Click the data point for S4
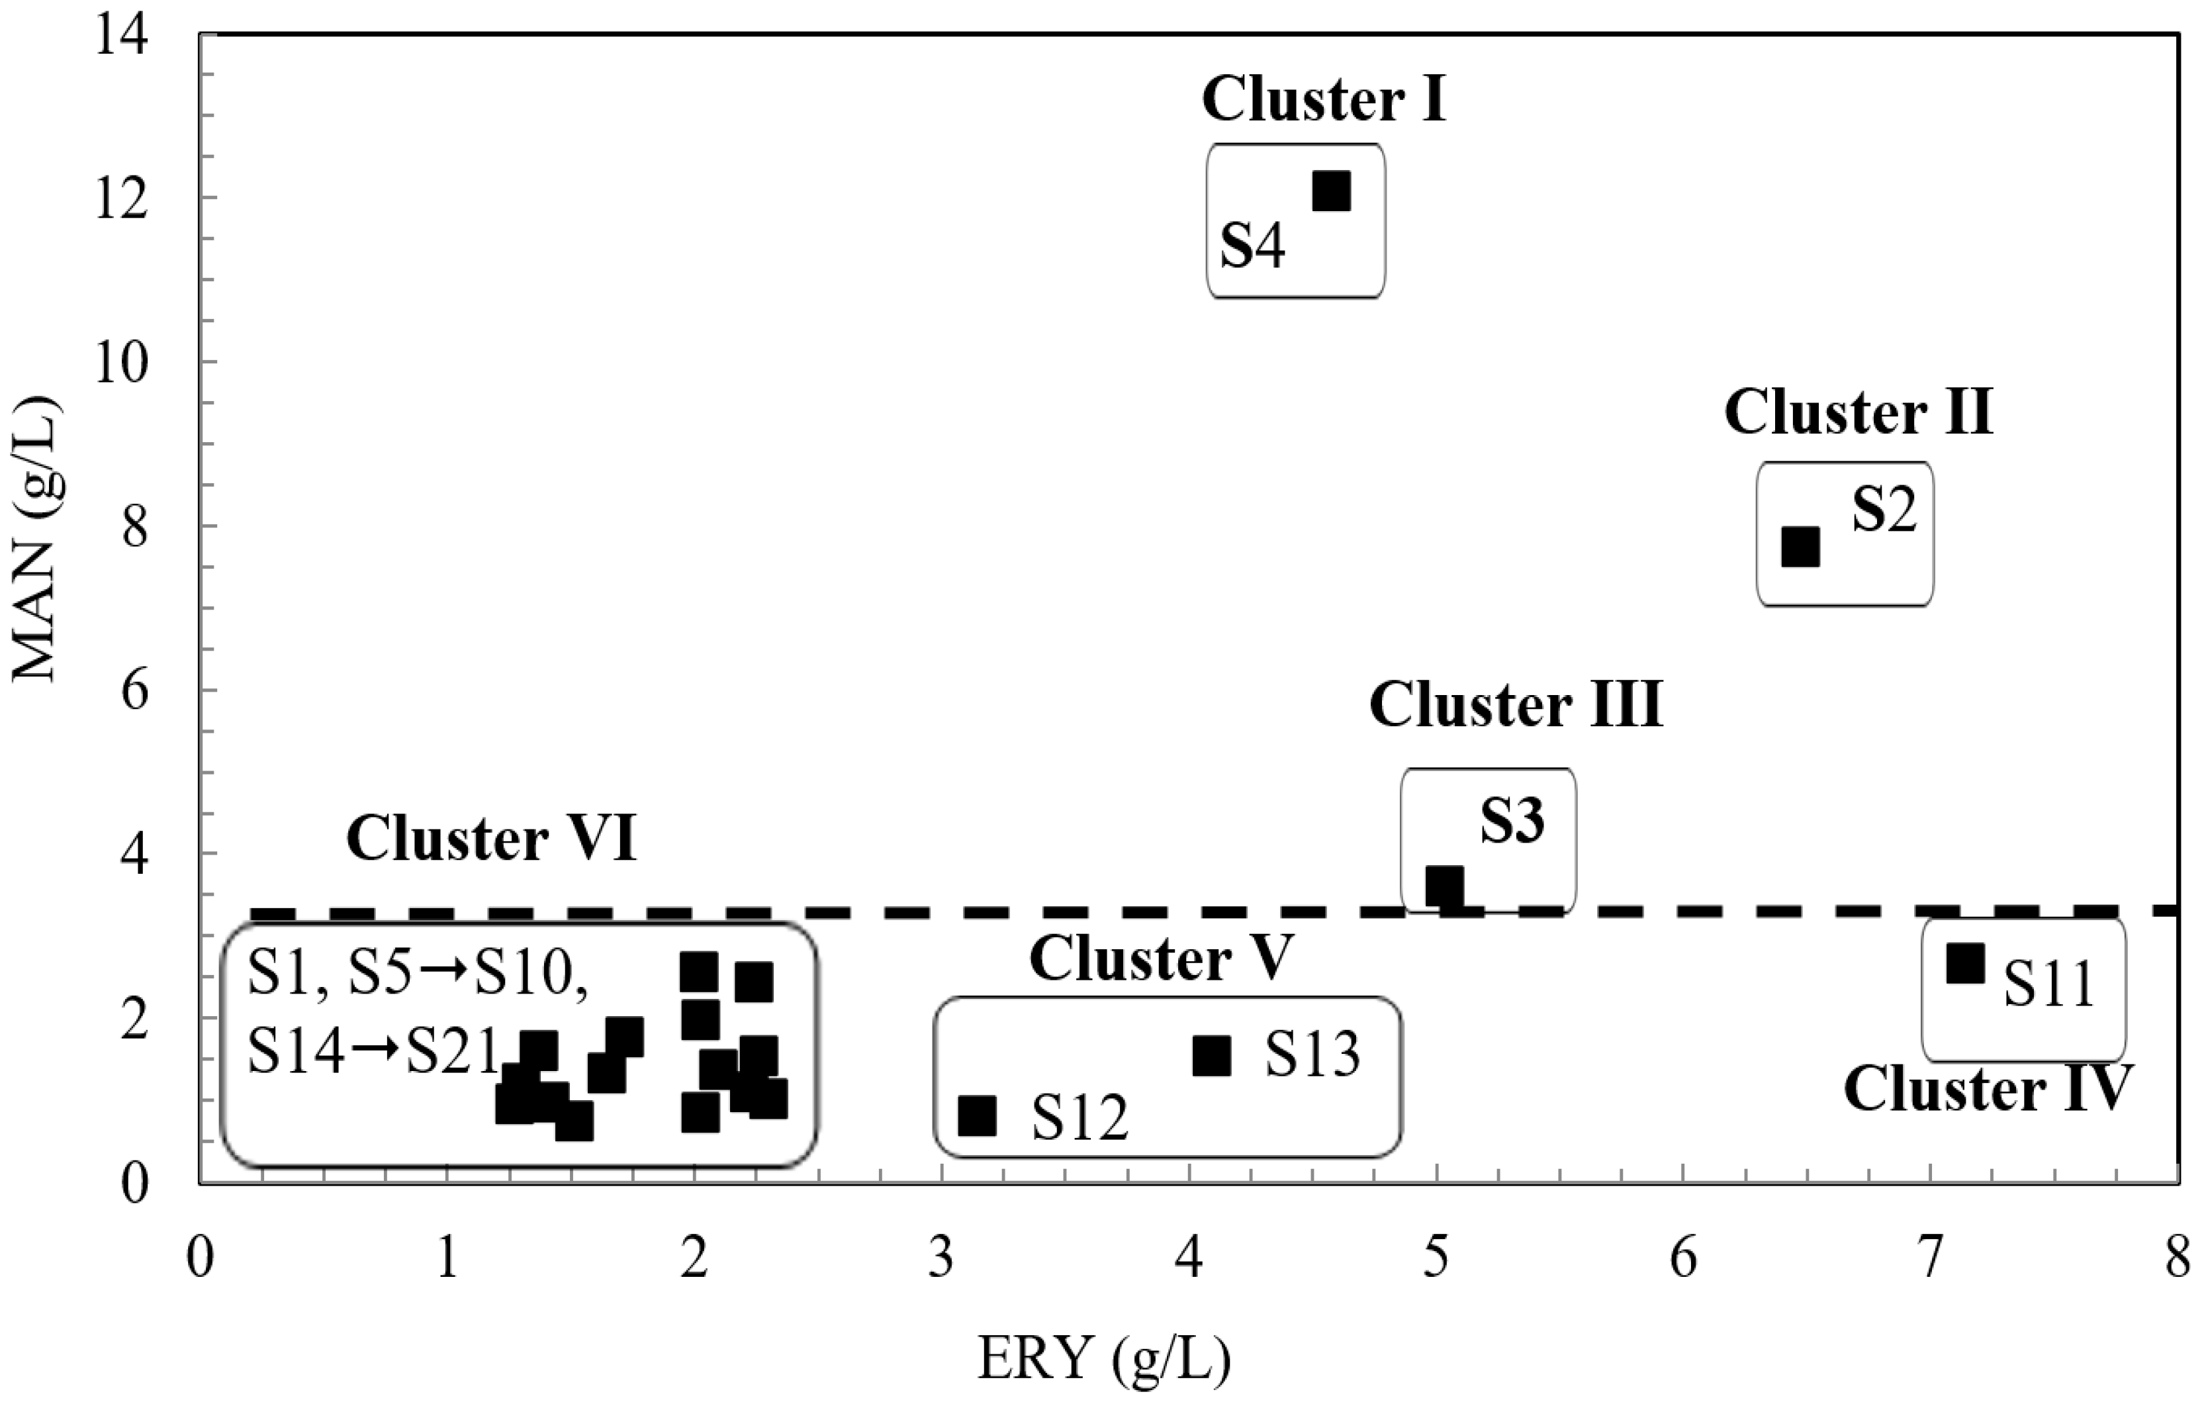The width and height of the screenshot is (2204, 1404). pyautogui.click(x=1332, y=191)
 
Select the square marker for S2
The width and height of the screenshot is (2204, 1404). pyautogui.click(x=1800, y=547)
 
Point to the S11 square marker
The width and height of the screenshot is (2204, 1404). pyautogui.click(x=1965, y=964)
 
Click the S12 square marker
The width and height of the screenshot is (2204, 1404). pyautogui.click(x=977, y=1115)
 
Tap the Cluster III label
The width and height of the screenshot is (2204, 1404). pyautogui.click(x=1516, y=706)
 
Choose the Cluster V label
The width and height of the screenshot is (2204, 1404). pyautogui.click(x=1161, y=959)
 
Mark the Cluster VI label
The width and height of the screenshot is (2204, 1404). pyautogui.click(x=492, y=839)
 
